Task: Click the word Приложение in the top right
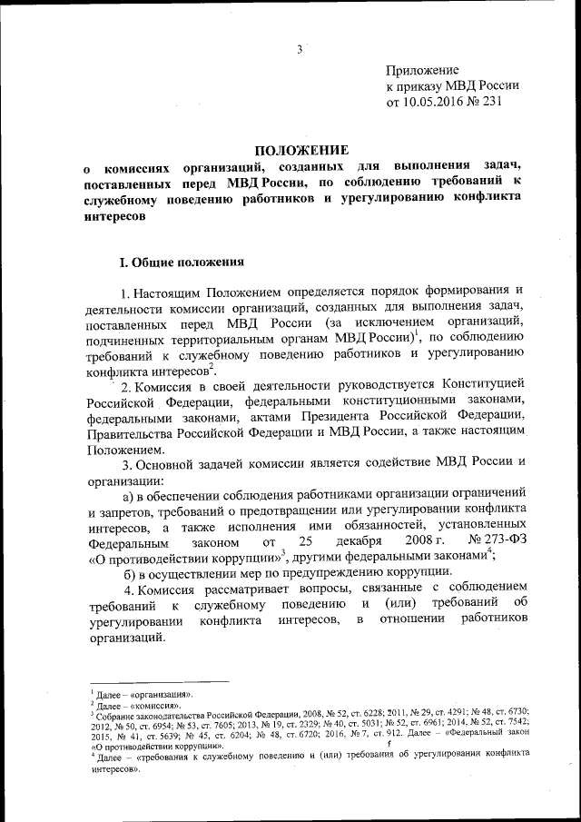tap(422, 70)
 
